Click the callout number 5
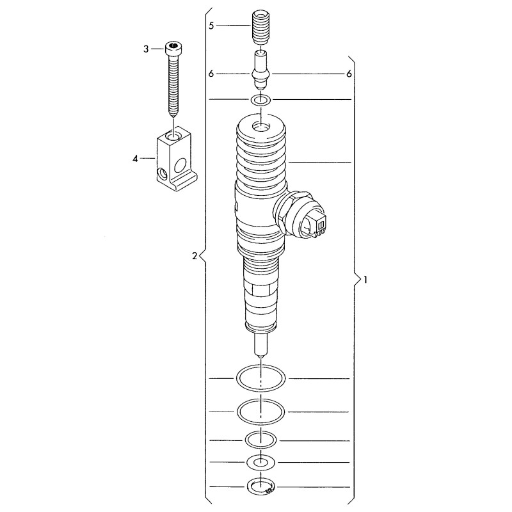tap(211, 26)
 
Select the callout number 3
tap(146, 49)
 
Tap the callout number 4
tap(135, 159)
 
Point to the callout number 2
tap(195, 257)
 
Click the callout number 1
tap(365, 280)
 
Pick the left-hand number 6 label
tap(211, 74)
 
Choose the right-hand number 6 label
tap(349, 74)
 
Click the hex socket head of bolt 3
tap(173, 49)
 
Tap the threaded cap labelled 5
tap(260, 28)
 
